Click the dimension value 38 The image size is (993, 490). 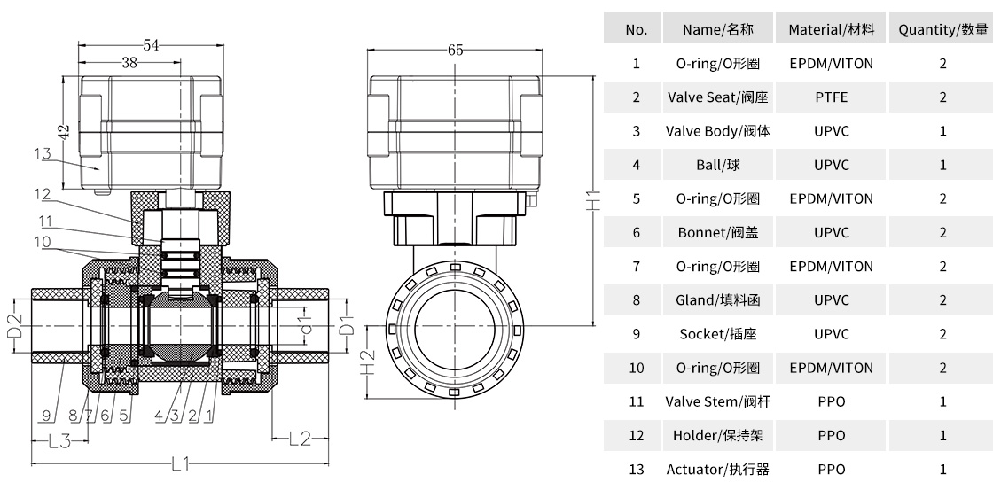(129, 63)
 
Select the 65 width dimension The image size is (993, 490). (456, 51)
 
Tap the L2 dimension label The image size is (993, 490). (301, 437)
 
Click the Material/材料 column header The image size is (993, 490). (831, 29)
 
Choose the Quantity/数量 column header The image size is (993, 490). (942, 29)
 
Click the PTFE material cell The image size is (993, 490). (831, 97)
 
